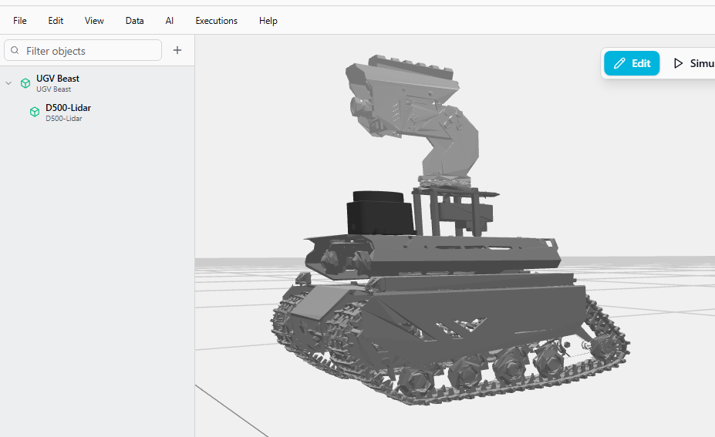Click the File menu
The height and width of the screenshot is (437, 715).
coord(20,21)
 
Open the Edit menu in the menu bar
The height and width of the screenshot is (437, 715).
coord(56,21)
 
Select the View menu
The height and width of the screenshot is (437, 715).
coord(94,21)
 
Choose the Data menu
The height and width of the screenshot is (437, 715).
coord(135,21)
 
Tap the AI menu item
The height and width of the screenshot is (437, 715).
coord(170,21)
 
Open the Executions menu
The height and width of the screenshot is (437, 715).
coord(216,21)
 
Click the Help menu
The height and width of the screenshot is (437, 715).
coord(268,21)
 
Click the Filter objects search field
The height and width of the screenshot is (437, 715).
coord(89,51)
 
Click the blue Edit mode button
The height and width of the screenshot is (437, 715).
coord(632,63)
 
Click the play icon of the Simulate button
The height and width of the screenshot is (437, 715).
coord(679,63)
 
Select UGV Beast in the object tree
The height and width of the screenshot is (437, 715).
coord(58,79)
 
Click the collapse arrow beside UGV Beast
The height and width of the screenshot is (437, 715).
coord(8,82)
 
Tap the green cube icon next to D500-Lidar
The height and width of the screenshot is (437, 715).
coord(35,112)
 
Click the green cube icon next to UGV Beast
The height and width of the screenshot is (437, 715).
coord(25,82)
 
